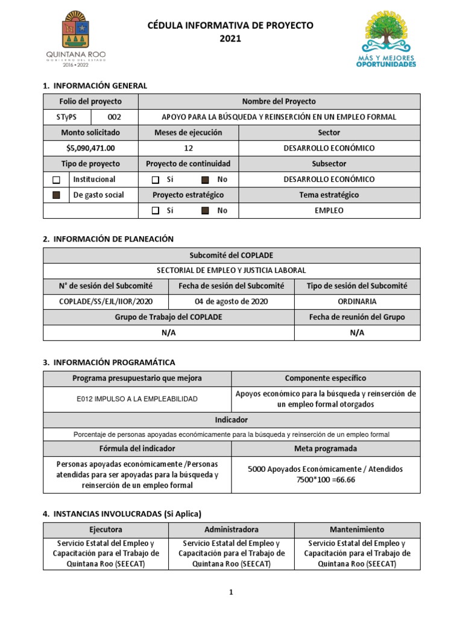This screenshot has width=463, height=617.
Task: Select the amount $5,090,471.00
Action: pyautogui.click(x=90, y=148)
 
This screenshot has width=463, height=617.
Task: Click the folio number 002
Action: pyautogui.click(x=114, y=117)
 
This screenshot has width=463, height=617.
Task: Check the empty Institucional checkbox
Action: pyautogui.click(x=57, y=180)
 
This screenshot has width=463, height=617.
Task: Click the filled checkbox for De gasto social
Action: pyautogui.click(x=57, y=195)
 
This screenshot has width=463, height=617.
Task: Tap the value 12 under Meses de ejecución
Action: pyautogui.click(x=188, y=148)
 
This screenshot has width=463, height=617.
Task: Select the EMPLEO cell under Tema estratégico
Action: pyautogui.click(x=329, y=210)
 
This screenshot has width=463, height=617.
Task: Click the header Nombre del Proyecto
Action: pyautogui.click(x=279, y=101)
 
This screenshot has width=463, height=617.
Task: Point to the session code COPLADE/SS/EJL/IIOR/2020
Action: pyautogui.click(x=106, y=301)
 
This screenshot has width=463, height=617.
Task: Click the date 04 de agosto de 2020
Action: pyautogui.click(x=231, y=301)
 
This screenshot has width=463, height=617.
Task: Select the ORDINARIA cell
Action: pyautogui.click(x=357, y=301)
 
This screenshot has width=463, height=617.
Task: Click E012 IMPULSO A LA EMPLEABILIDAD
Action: pyautogui.click(x=137, y=399)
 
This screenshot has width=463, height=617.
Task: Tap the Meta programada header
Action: pyautogui.click(x=325, y=448)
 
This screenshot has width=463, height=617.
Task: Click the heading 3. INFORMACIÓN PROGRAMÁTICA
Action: pyautogui.click(x=109, y=362)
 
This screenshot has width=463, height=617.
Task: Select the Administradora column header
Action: pyautogui.click(x=231, y=530)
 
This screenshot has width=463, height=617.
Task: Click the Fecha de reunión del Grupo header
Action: pyautogui.click(x=357, y=317)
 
